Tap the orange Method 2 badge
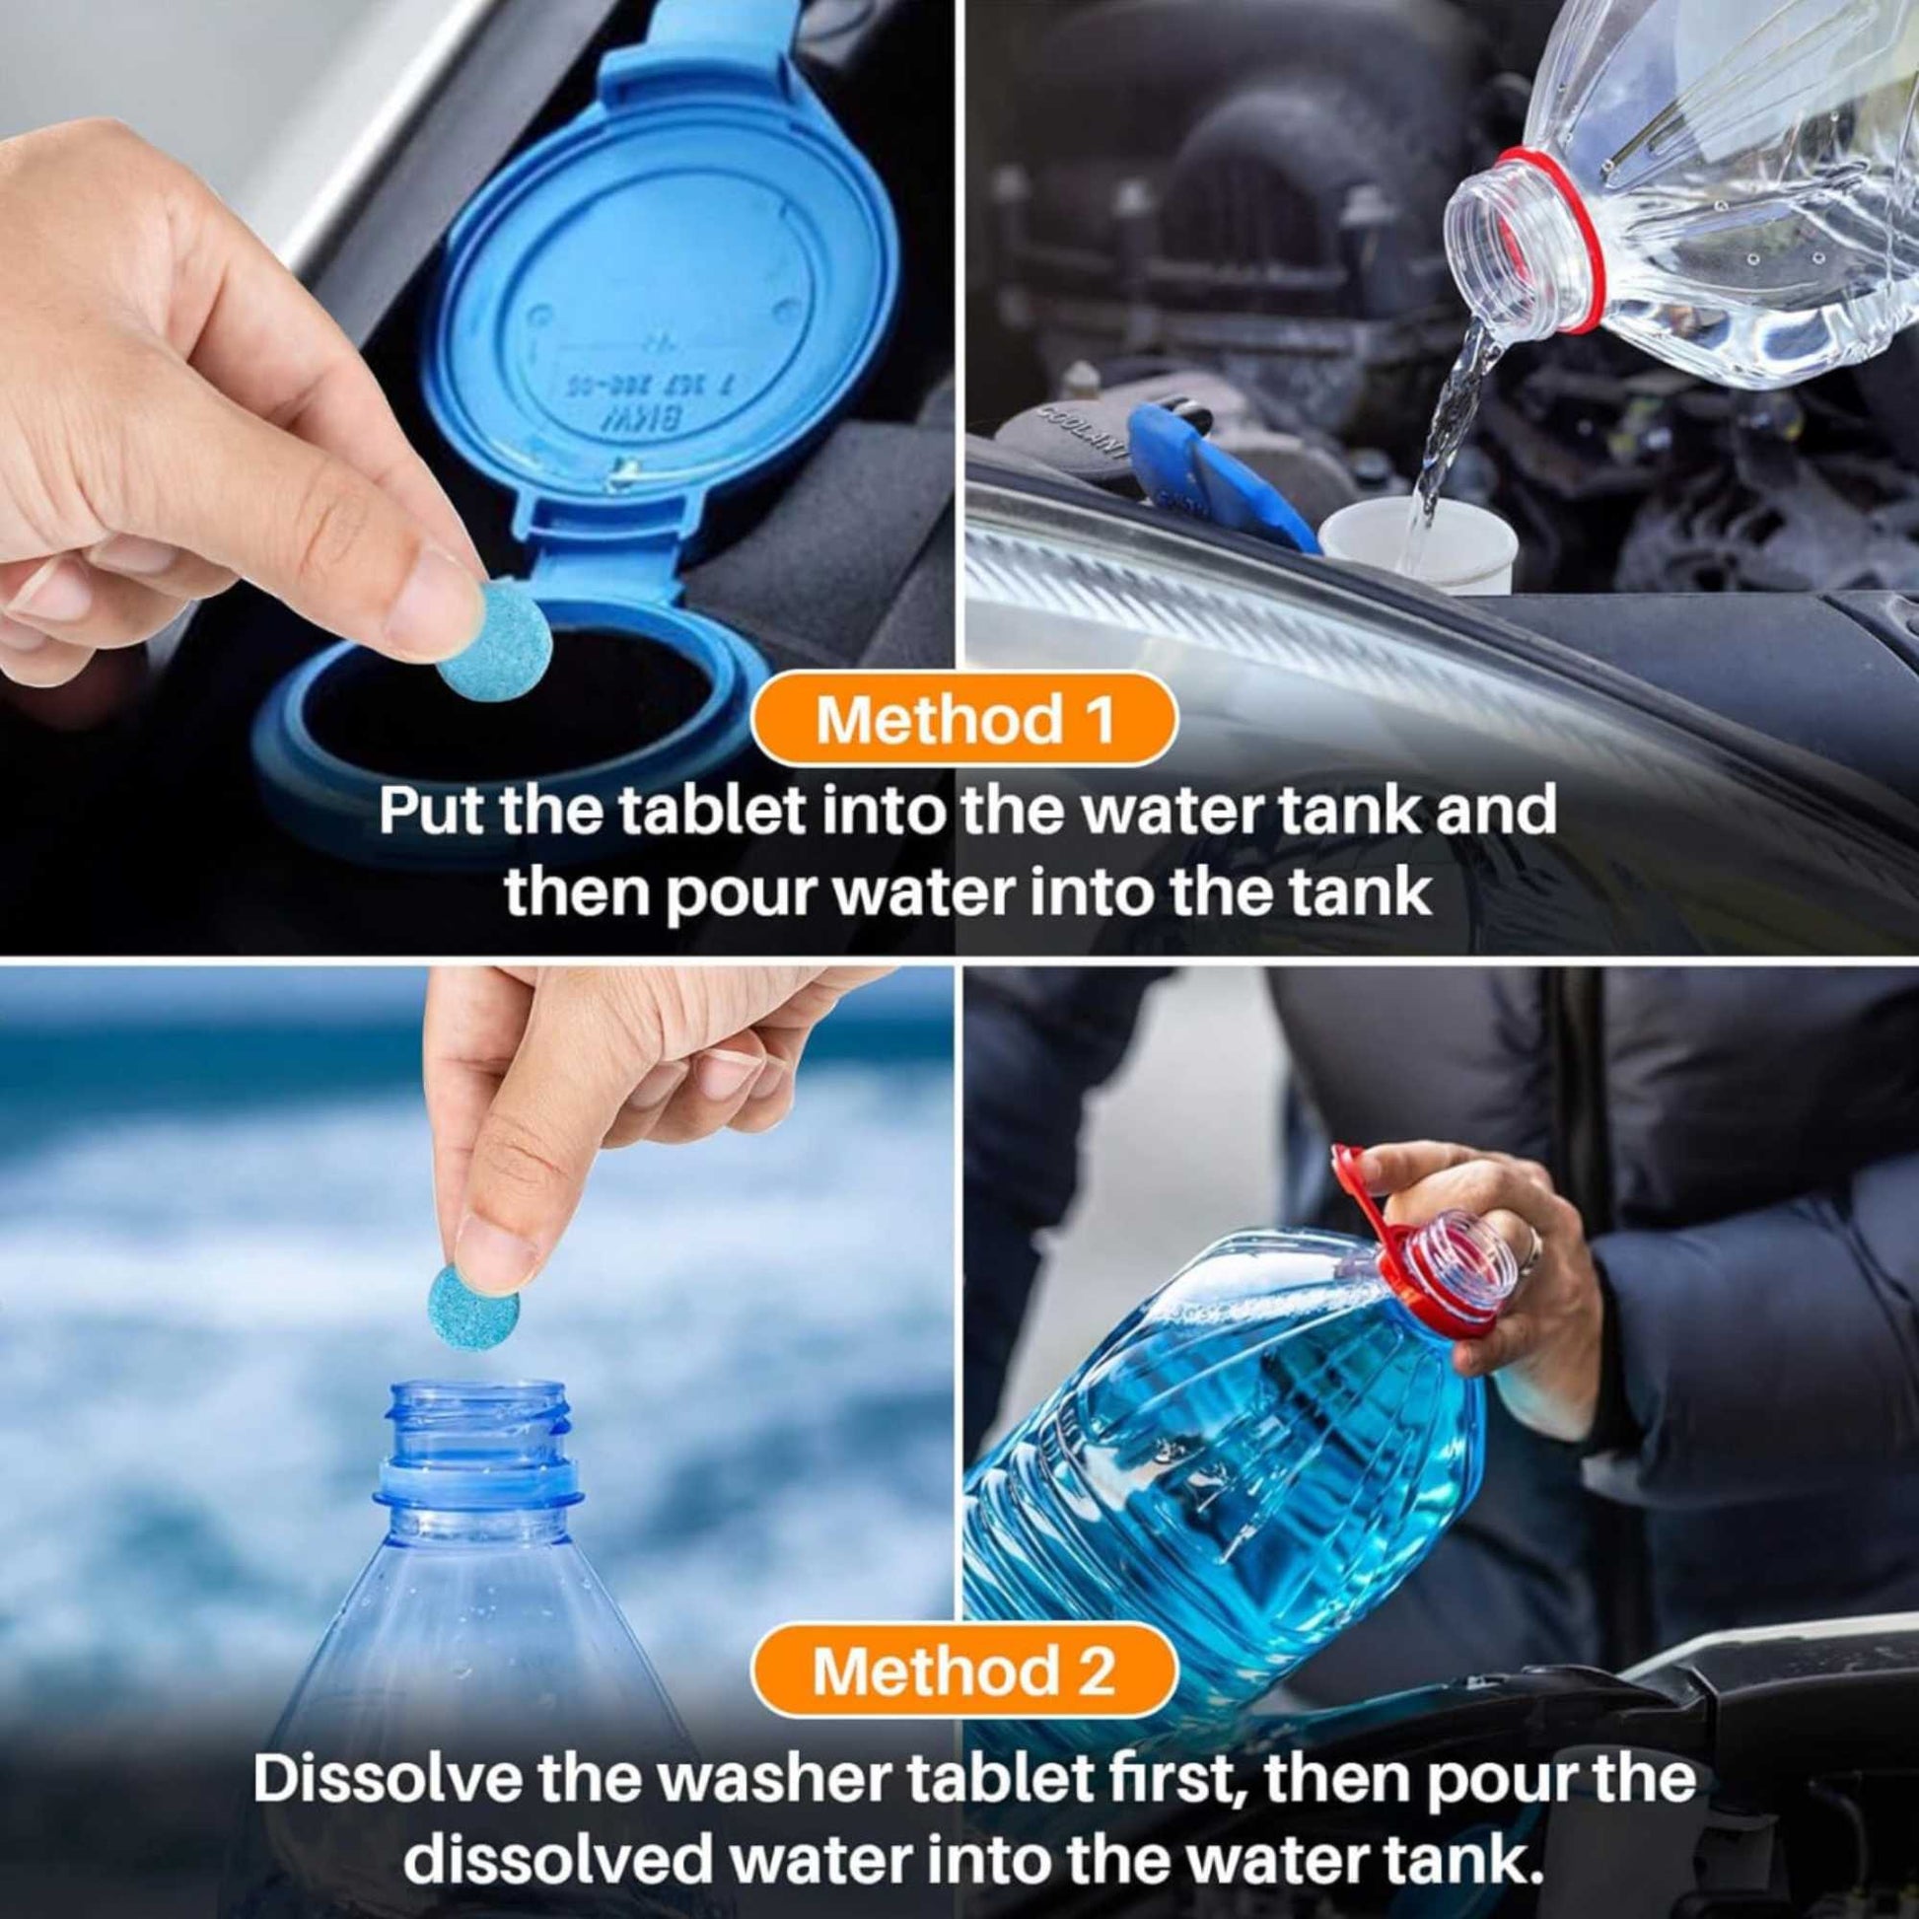tap(963, 1670)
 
